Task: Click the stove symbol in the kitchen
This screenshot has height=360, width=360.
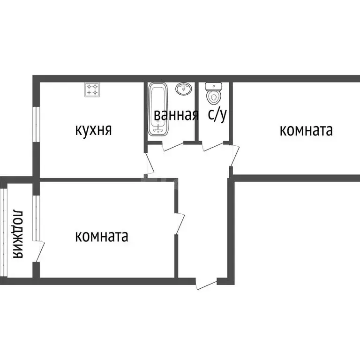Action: pyautogui.click(x=92, y=90)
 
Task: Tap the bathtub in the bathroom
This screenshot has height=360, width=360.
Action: pyautogui.click(x=157, y=109)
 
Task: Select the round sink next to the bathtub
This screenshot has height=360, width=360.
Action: pyautogui.click(x=183, y=88)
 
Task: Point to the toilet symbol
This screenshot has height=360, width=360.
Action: pyautogui.click(x=213, y=93)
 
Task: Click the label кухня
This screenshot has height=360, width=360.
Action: pyautogui.click(x=93, y=129)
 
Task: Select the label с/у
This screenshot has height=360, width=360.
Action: pyautogui.click(x=217, y=115)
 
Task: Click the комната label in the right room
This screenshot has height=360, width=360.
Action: pyautogui.click(x=306, y=130)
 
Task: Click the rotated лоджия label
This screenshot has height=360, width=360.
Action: pyautogui.click(x=18, y=233)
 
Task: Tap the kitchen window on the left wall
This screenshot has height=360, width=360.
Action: pyautogui.click(x=36, y=124)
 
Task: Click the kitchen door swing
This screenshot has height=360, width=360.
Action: pyautogui.click(x=150, y=162)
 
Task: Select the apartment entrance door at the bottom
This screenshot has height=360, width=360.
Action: pyautogui.click(x=206, y=284)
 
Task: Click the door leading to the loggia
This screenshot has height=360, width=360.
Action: pyautogui.click(x=39, y=248)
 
